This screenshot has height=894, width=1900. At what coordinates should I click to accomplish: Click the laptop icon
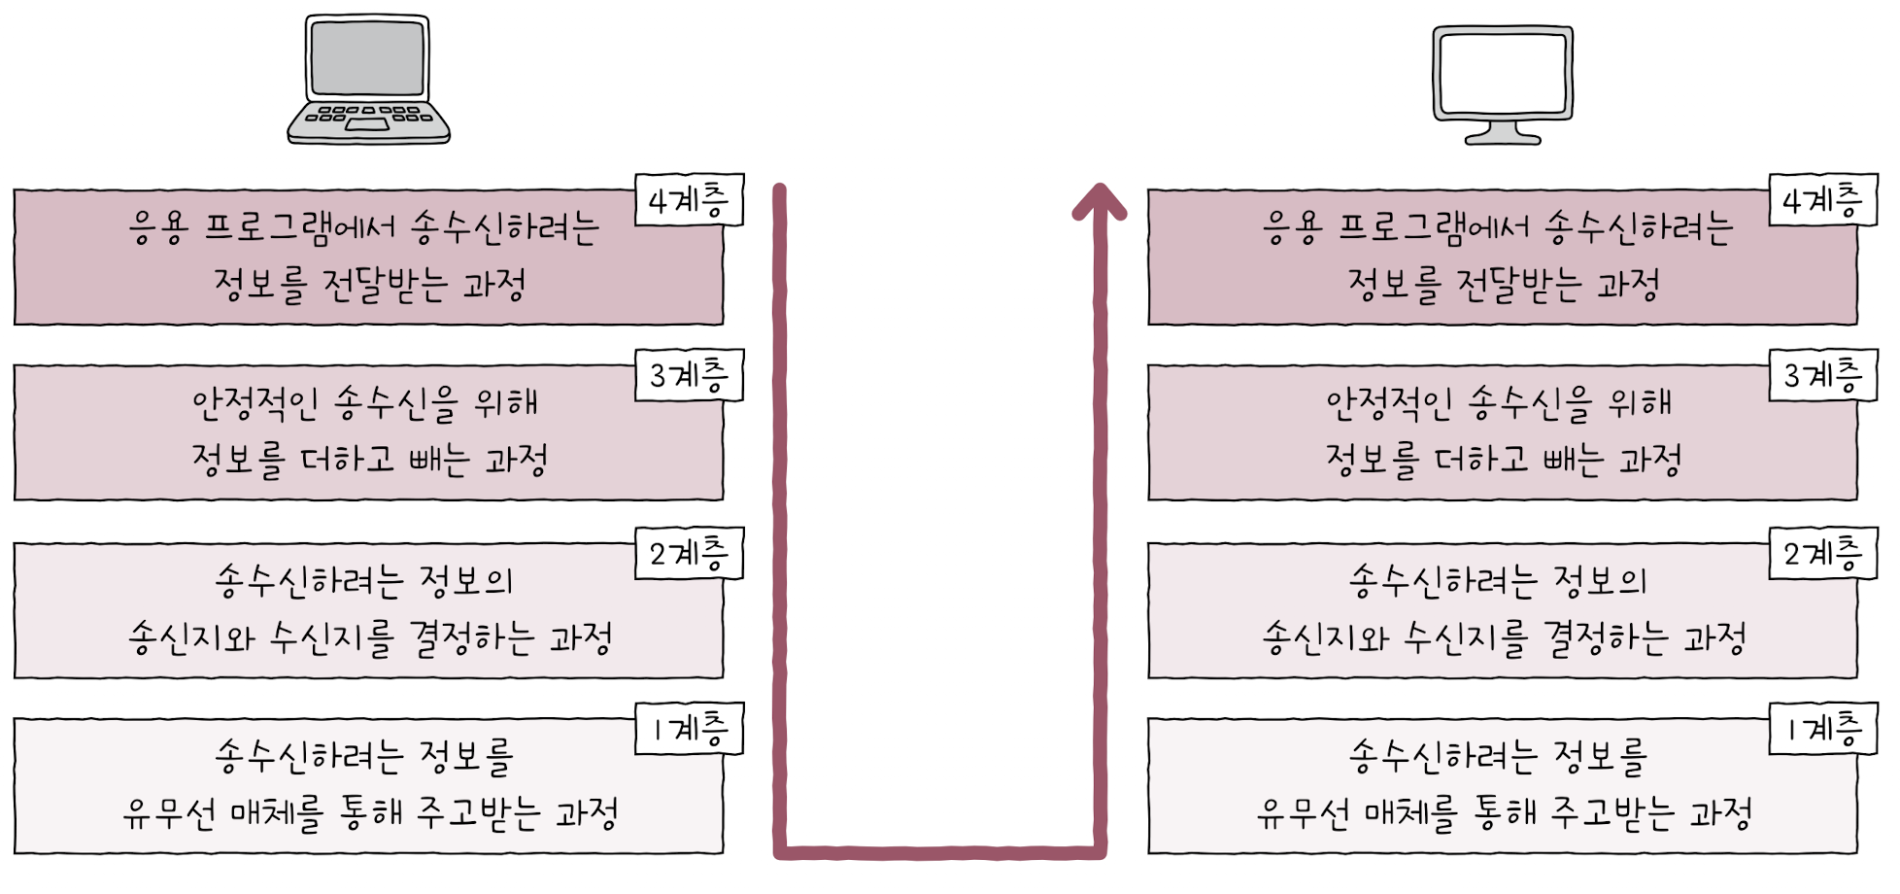pyautogui.click(x=368, y=79)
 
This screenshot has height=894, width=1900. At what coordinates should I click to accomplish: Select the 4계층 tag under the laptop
pyautogui.click(x=689, y=200)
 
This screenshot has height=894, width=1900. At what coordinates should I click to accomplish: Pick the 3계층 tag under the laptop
pyautogui.click(x=689, y=375)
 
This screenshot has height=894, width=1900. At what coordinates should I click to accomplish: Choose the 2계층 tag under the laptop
pyautogui.click(x=689, y=553)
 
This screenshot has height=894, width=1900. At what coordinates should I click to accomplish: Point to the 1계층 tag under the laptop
pyautogui.click(x=689, y=728)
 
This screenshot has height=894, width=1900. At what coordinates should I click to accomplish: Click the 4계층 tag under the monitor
pyautogui.click(x=1823, y=200)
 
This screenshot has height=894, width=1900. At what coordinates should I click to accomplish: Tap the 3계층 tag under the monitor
pyautogui.click(x=1823, y=375)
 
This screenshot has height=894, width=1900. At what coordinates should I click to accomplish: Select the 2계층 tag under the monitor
pyautogui.click(x=1823, y=553)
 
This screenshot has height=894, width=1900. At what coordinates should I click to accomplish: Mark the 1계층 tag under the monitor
pyautogui.click(x=1823, y=728)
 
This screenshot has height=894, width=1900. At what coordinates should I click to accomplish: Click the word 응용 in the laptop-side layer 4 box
pyautogui.click(x=158, y=228)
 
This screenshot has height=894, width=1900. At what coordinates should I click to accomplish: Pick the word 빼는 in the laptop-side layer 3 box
pyautogui.click(x=438, y=460)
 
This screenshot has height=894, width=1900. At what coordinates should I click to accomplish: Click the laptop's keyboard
pyautogui.click(x=369, y=117)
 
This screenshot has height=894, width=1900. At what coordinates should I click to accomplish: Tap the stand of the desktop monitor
pyautogui.click(x=1503, y=133)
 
